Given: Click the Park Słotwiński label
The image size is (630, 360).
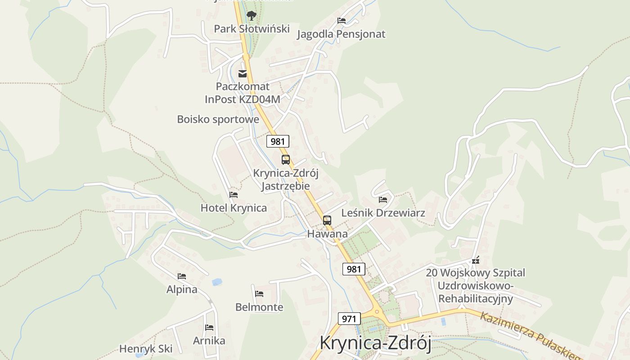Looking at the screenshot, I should point(252,29).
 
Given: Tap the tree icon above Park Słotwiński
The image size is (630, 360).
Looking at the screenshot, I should point(252,16).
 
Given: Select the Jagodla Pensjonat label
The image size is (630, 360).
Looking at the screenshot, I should point(341,34).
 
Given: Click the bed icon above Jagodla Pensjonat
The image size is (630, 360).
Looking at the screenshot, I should point(342,20).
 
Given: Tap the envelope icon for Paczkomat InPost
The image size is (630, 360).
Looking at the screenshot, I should point(243,73).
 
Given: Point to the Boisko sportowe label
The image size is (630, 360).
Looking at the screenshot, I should point(218,119).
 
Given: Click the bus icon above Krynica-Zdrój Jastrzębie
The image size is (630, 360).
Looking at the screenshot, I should point(286,159).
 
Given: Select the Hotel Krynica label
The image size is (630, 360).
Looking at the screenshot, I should point(234,208).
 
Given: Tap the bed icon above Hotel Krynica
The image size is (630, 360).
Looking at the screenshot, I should point(234,194).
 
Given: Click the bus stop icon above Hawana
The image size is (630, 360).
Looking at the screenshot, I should point(327,220).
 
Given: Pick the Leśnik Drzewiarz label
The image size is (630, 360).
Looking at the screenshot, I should point(383,213).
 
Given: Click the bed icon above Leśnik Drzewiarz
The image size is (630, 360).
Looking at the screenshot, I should point(383,199).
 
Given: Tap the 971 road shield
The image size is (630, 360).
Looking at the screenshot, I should point(349,319).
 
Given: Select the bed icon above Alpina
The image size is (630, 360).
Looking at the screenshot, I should point(182,276).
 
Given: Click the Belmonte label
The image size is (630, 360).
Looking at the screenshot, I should point(259,307).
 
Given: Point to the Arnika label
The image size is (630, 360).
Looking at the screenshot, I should point(209,341).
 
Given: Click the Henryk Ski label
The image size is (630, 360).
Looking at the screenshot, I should point(146,349).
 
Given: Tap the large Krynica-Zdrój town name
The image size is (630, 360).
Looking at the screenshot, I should point(375,343).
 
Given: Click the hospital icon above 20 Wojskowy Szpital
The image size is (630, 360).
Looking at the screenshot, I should point(476,260).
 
